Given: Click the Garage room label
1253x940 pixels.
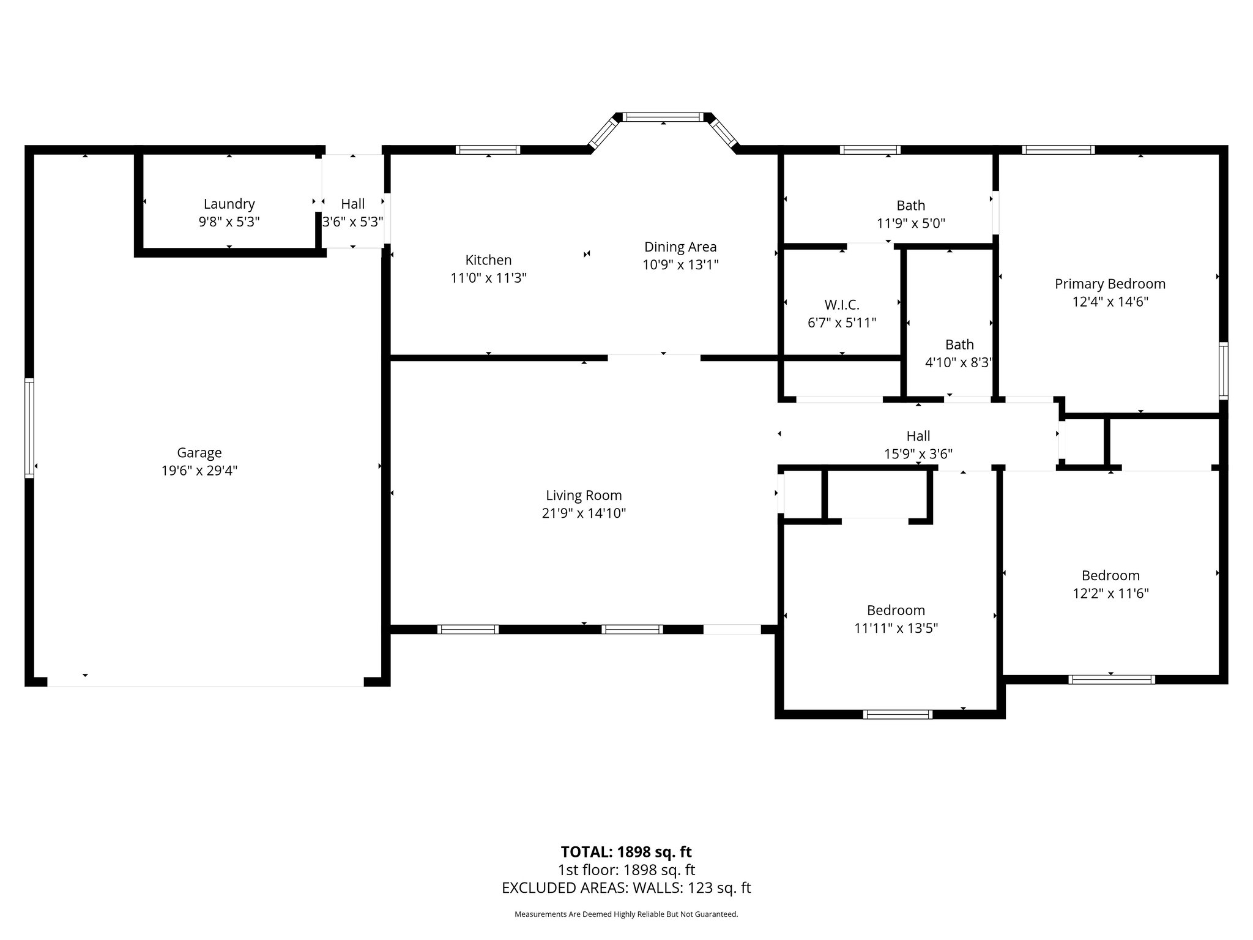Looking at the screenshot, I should (x=199, y=452).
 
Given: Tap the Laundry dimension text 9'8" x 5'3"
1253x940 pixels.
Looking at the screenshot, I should (x=229, y=222).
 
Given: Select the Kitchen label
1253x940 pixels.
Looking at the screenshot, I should (x=488, y=259).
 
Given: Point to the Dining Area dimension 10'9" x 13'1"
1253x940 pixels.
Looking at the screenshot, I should (x=680, y=264).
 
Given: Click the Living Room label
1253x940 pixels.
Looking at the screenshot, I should (x=584, y=495).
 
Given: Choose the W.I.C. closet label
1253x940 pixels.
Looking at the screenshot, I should (x=842, y=304).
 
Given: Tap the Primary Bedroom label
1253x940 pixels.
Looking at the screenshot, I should (x=1110, y=283).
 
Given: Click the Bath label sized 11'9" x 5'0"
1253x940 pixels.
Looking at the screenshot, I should (x=910, y=206).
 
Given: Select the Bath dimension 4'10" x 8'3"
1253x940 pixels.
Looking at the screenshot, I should (x=958, y=362).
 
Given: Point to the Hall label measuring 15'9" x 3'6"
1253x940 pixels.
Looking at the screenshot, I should (x=918, y=436).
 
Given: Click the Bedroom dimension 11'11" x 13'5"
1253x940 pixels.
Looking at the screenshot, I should (x=896, y=628).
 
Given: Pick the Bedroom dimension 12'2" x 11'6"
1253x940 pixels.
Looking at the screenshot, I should (x=1110, y=593).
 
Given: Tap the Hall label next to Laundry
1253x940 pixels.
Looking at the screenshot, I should (x=352, y=204).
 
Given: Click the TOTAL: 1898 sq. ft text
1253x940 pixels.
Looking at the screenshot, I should (x=626, y=852).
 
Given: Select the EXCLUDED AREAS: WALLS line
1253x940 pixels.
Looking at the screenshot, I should (x=626, y=888).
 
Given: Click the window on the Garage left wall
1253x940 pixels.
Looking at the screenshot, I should (x=29, y=428).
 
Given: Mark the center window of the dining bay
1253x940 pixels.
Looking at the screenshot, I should (x=664, y=116).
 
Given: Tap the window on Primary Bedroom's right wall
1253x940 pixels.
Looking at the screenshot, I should (x=1223, y=371).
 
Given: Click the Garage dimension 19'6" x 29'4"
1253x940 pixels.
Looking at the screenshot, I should (x=199, y=471).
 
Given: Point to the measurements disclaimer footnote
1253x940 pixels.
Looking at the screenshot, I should (x=626, y=914).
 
